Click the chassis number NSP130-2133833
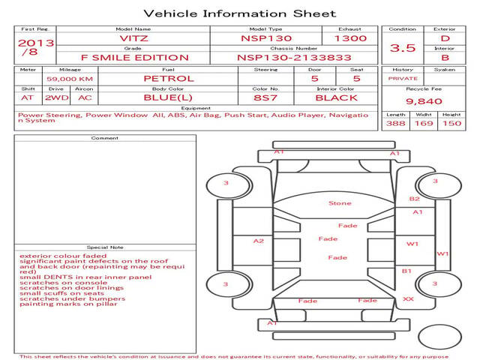(x=294, y=58)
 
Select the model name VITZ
(x=133, y=38)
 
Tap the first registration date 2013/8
(x=36, y=46)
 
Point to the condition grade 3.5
(x=403, y=48)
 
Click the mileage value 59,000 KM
(x=70, y=79)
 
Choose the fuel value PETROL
(x=169, y=79)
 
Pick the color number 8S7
(x=265, y=98)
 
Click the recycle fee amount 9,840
(x=424, y=101)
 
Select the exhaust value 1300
(x=350, y=38)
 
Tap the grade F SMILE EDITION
(x=135, y=58)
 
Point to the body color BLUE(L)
(x=168, y=98)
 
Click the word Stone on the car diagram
(x=340, y=203)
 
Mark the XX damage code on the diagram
(x=408, y=298)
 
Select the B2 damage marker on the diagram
(x=414, y=199)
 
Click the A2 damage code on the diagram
(x=259, y=241)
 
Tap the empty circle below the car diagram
(x=439, y=337)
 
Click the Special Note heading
(x=105, y=247)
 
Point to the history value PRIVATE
(x=403, y=79)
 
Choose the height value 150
(x=451, y=123)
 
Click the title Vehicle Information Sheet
(x=240, y=13)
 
